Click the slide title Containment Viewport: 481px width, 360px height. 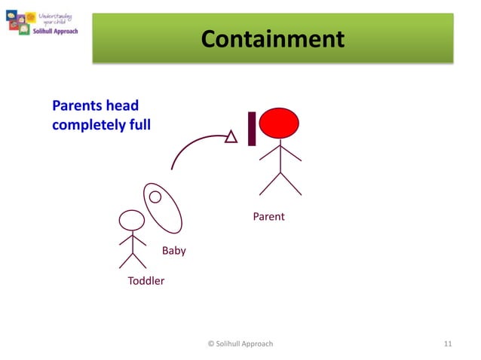click(273, 38)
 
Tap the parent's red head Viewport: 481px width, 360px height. click(280, 124)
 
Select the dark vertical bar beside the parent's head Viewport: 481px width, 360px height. click(252, 129)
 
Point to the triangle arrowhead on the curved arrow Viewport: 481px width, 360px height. click(231, 136)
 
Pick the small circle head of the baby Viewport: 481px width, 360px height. click(155, 197)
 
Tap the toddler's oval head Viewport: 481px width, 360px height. click(132, 220)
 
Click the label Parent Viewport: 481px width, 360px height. click(268, 217)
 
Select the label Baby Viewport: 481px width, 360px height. click(174, 251)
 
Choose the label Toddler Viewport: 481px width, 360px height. click(146, 281)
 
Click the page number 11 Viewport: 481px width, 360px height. click(448, 343)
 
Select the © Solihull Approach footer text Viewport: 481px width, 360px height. click(240, 343)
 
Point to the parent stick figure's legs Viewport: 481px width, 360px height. click(280, 183)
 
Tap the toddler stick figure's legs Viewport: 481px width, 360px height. click(133, 261)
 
